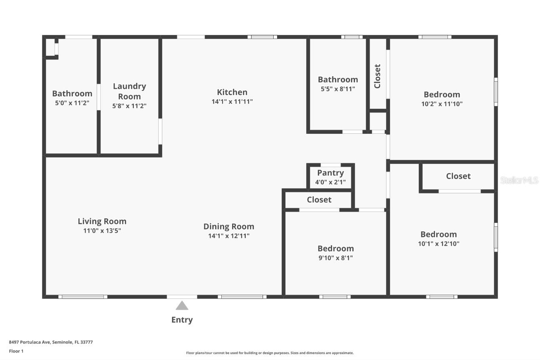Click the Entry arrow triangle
182,306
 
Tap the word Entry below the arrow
182,320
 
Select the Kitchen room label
232,92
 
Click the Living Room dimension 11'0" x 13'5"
102,230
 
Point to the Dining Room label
229,226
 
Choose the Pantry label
330,173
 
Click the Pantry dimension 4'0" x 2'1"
330,182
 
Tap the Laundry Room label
129,91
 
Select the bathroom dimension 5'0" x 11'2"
72,102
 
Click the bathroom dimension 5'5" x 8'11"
337,89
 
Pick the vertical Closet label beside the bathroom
377,76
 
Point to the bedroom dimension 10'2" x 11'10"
442,104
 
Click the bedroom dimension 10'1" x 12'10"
438,244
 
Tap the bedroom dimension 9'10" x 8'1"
335,258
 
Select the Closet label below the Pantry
319,200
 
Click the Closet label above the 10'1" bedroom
458,176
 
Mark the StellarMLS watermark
519,180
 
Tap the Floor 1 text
16,351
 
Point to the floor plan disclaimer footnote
270,353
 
